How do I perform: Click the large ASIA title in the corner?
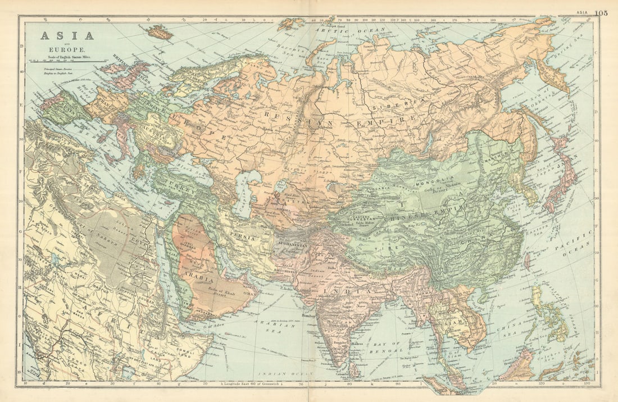[x=66, y=35]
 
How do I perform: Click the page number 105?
[x=601, y=12]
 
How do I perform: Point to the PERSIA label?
[x=242, y=238]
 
